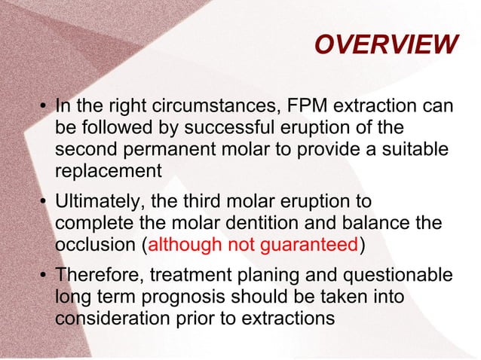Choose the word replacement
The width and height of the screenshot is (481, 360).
click(x=109, y=170)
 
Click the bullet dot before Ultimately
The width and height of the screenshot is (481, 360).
click(x=42, y=203)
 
